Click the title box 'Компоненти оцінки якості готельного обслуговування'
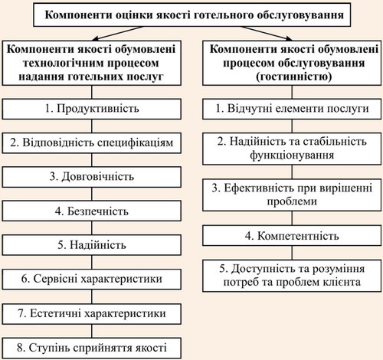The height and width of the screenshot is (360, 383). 192,15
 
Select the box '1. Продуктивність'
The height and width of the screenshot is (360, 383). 92,109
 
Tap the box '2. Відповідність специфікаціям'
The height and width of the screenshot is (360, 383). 92,143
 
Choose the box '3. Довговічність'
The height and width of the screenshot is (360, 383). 92,177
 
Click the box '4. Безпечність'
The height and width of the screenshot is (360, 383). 92,211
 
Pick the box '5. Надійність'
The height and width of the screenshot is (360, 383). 92,245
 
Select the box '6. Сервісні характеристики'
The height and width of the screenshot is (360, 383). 92,279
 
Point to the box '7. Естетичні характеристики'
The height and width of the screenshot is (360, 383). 92,314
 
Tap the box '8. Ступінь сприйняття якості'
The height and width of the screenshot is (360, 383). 92,348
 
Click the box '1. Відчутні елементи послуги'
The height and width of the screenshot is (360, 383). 292,109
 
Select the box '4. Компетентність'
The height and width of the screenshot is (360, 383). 292,236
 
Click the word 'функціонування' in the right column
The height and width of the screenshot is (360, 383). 292,155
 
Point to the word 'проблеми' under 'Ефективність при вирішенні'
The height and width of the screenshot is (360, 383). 292,201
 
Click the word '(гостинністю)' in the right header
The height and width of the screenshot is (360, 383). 294,77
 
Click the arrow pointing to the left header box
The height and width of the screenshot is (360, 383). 117,33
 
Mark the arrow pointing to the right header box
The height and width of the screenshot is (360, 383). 267,33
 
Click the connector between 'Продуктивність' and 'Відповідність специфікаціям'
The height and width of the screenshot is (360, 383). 92,126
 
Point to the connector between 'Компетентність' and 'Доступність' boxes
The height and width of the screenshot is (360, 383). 292,253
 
